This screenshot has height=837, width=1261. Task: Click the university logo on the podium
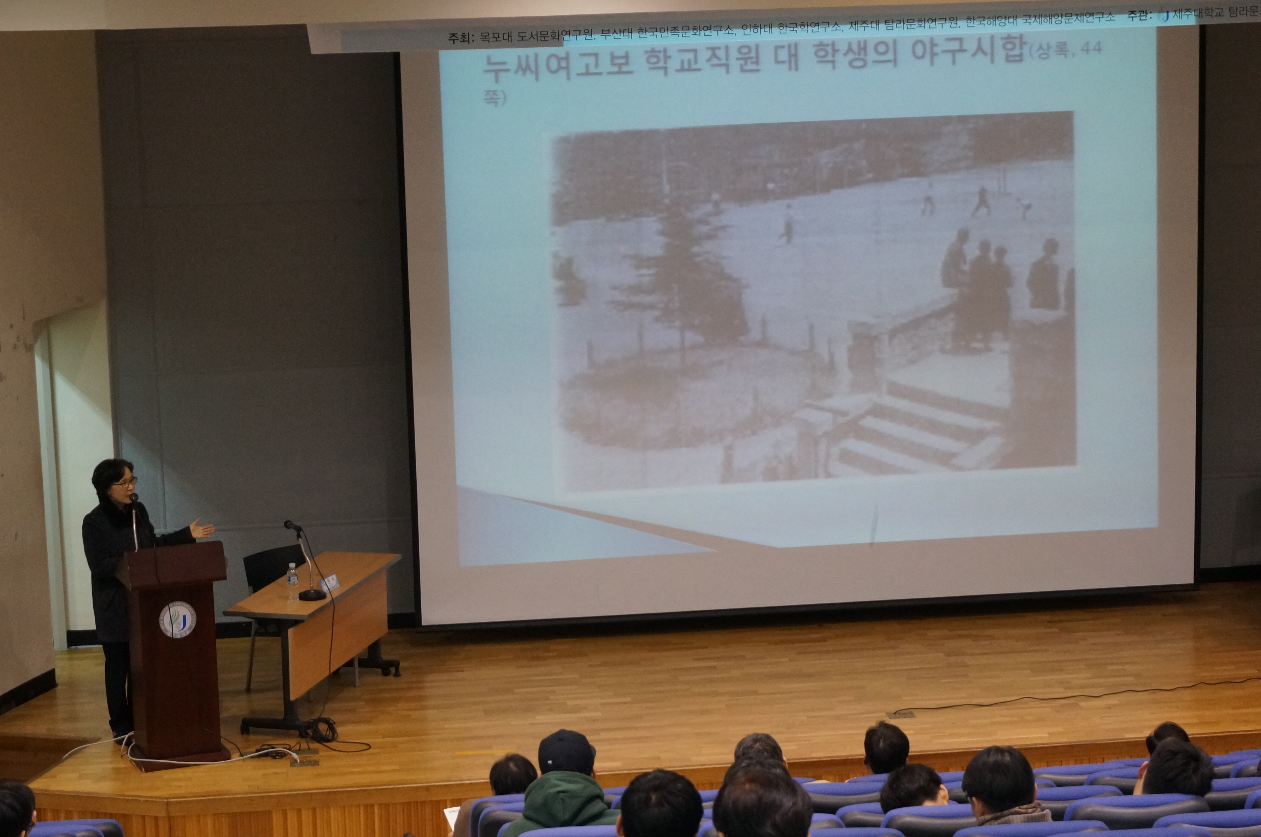point(178,619)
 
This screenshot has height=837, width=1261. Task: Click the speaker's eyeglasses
point(125,482)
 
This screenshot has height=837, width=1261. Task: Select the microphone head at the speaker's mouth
point(133,498)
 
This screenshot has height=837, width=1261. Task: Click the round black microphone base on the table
point(312,595)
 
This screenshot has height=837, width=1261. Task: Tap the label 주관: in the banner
point(1140,16)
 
